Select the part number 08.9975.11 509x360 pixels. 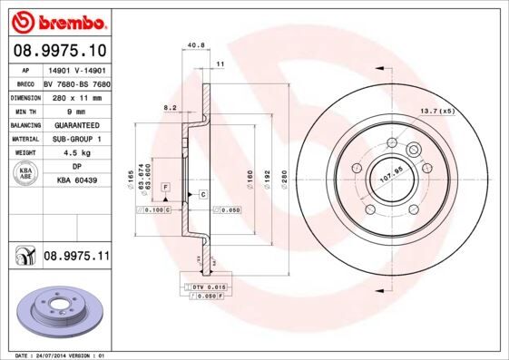point(76,258)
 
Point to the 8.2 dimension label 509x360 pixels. point(169,107)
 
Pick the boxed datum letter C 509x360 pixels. point(202,195)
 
